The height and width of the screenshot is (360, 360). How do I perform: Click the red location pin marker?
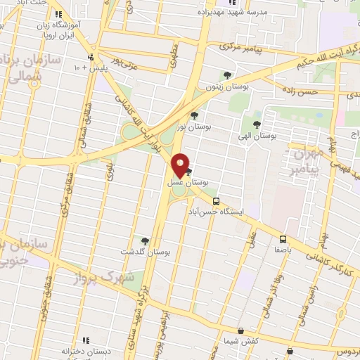coord(181,165)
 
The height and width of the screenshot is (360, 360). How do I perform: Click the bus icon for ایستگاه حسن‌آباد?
coord(217,200)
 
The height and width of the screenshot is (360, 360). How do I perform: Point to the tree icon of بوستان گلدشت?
coord(146,240)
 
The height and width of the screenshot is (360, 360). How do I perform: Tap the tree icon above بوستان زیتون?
coord(226,75)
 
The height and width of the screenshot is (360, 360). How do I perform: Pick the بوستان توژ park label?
coord(193,126)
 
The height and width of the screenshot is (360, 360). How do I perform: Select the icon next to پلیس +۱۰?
coord(90,58)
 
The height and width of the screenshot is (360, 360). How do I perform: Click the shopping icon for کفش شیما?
coord(241,330)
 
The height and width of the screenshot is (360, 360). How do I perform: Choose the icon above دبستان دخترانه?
coord(85,340)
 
